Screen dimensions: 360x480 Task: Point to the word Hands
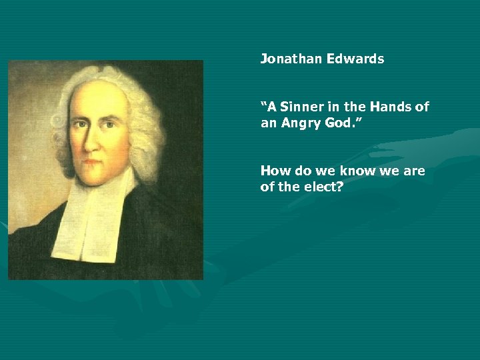point(391,107)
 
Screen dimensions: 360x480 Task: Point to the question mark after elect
point(340,187)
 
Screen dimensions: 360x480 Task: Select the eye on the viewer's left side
point(79,123)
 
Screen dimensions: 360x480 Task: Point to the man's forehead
point(100,97)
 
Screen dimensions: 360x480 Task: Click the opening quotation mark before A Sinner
point(264,103)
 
